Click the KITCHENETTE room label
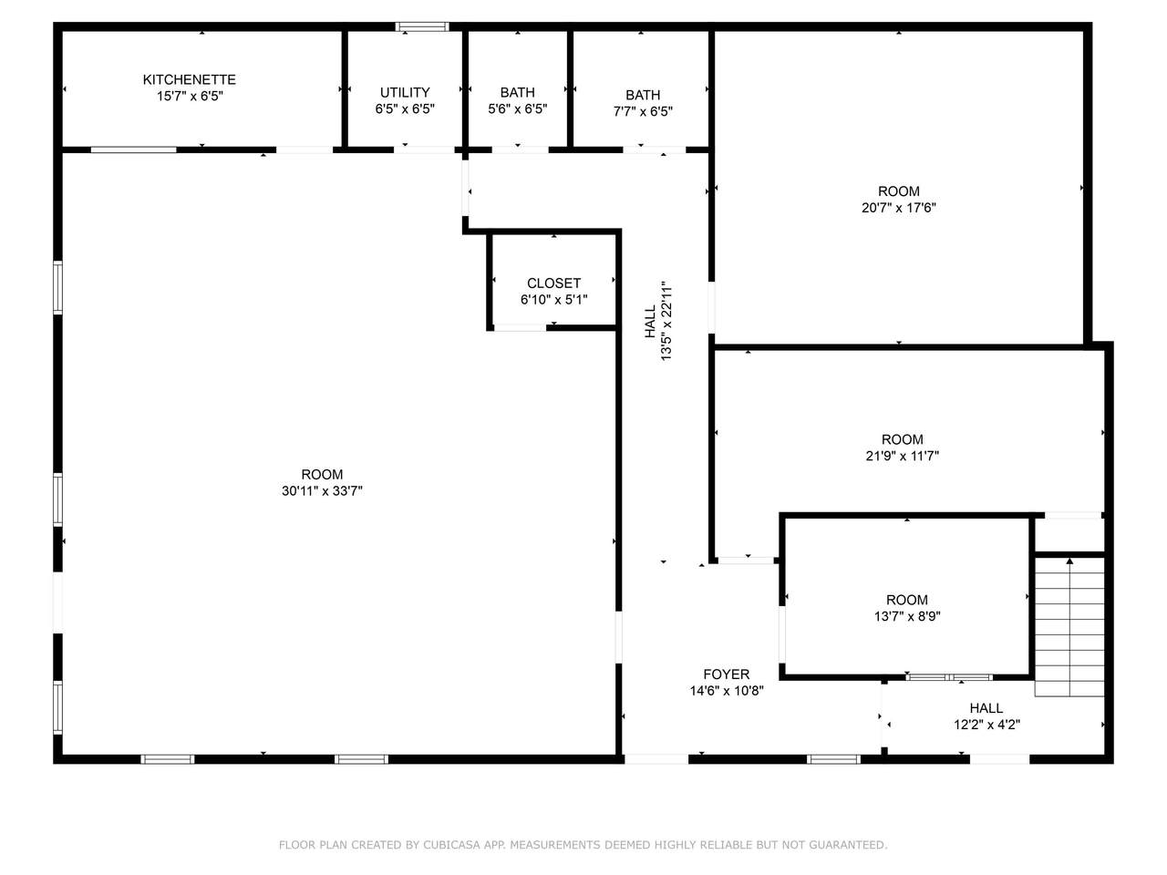190,79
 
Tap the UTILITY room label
405,92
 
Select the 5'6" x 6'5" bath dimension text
517,108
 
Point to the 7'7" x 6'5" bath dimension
643,111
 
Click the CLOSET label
553,283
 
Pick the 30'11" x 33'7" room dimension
322,491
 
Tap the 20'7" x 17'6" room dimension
899,208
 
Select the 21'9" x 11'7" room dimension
903,456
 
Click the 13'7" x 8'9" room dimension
907,616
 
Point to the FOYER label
727,674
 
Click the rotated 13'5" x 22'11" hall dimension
666,322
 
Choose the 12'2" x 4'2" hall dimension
986,725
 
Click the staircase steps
1069,627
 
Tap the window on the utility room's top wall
422,26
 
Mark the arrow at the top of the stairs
1069,561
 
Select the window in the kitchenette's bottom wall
133,149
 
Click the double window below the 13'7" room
949,677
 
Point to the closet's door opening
520,328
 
